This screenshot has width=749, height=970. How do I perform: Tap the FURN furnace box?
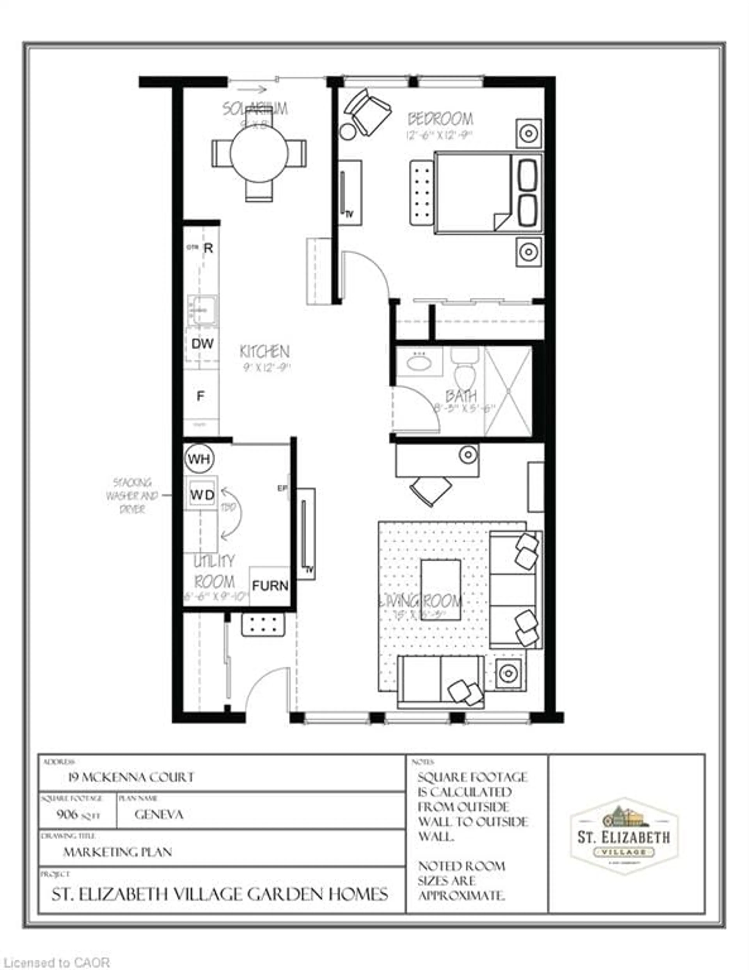270,585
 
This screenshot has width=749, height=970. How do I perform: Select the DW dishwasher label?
202,343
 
